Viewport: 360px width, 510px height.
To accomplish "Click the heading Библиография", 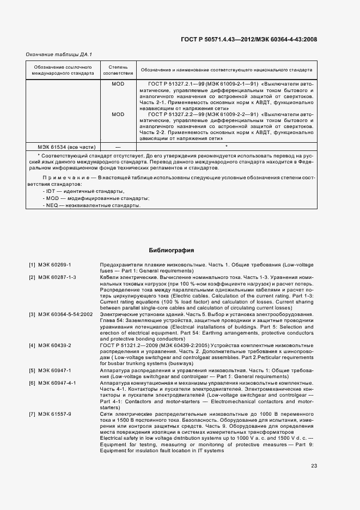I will (x=172, y=250).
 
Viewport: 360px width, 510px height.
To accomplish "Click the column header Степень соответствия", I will (x=118, y=70).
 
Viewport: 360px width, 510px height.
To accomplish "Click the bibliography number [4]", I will (x=32, y=345).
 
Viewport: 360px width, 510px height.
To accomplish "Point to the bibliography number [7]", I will (x=32, y=414).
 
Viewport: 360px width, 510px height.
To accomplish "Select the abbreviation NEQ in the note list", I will (x=52, y=205).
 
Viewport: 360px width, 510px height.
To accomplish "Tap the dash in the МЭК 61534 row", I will (x=118, y=147).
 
